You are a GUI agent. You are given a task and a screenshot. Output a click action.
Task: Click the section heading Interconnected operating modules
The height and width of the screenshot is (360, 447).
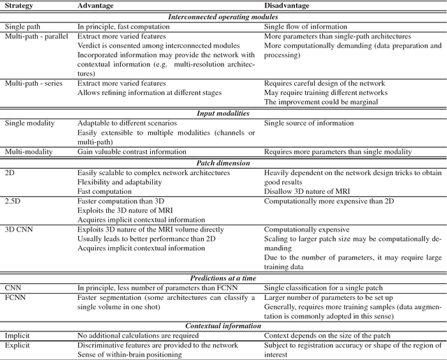pos(223,17)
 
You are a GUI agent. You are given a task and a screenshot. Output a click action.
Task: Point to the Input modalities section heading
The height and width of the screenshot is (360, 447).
pos(223,112)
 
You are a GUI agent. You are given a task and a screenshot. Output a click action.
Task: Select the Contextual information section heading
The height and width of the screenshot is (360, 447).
pos(223,325)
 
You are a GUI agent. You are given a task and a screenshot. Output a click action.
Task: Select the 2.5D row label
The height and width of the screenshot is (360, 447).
pos(13,200)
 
